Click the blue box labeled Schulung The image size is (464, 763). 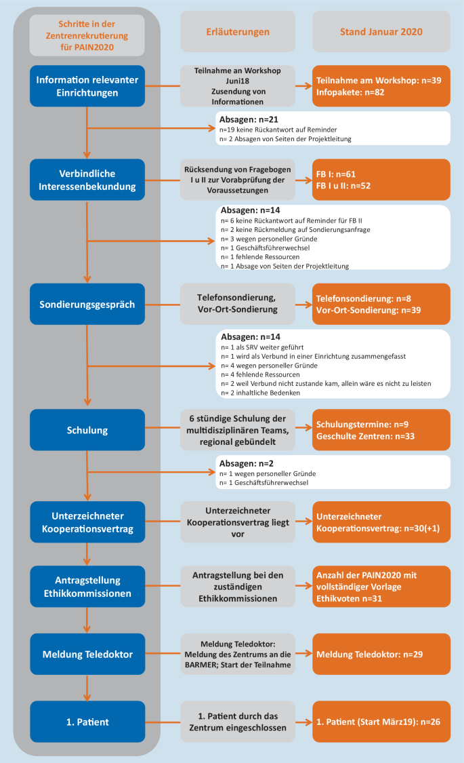tap(87, 430)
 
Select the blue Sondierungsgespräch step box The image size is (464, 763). tap(87, 305)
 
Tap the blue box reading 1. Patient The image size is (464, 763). tap(87, 721)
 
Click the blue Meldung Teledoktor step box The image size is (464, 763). tap(87, 654)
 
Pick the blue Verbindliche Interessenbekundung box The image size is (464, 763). tap(87, 180)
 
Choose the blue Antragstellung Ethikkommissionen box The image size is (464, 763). tap(87, 586)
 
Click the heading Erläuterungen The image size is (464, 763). tap(238, 32)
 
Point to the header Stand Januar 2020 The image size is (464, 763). tap(381, 32)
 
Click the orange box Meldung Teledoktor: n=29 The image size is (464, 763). tap(381, 654)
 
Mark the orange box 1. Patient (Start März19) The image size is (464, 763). tap(381, 721)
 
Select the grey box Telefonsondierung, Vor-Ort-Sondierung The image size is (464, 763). tap(238, 305)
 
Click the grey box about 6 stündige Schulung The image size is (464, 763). tap(238, 430)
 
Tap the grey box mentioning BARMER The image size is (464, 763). tap(238, 654)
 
